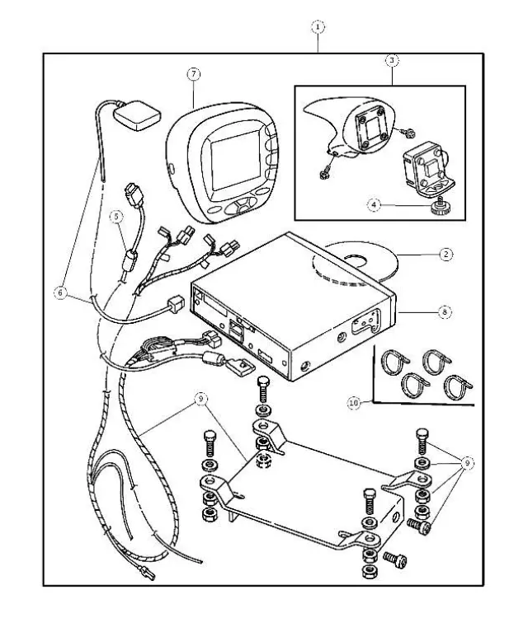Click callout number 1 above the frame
pos(318,26)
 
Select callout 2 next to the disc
pos(445,255)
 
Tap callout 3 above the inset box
pos(392,60)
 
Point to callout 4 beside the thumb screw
pos(375,205)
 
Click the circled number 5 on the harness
pos(118,217)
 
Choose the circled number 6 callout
pos(59,292)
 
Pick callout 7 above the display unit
pos(193,74)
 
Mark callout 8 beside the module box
pos(445,312)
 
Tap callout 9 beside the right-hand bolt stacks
pos(468,463)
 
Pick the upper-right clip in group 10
pos(435,360)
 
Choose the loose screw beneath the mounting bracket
pos(397,559)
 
